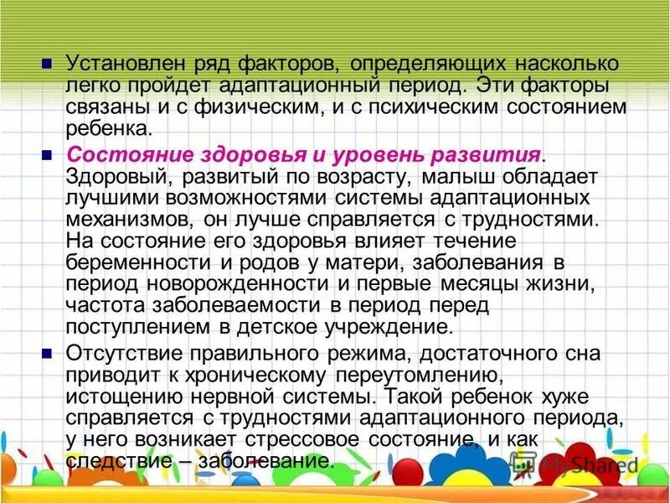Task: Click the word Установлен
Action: [x=116, y=65]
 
